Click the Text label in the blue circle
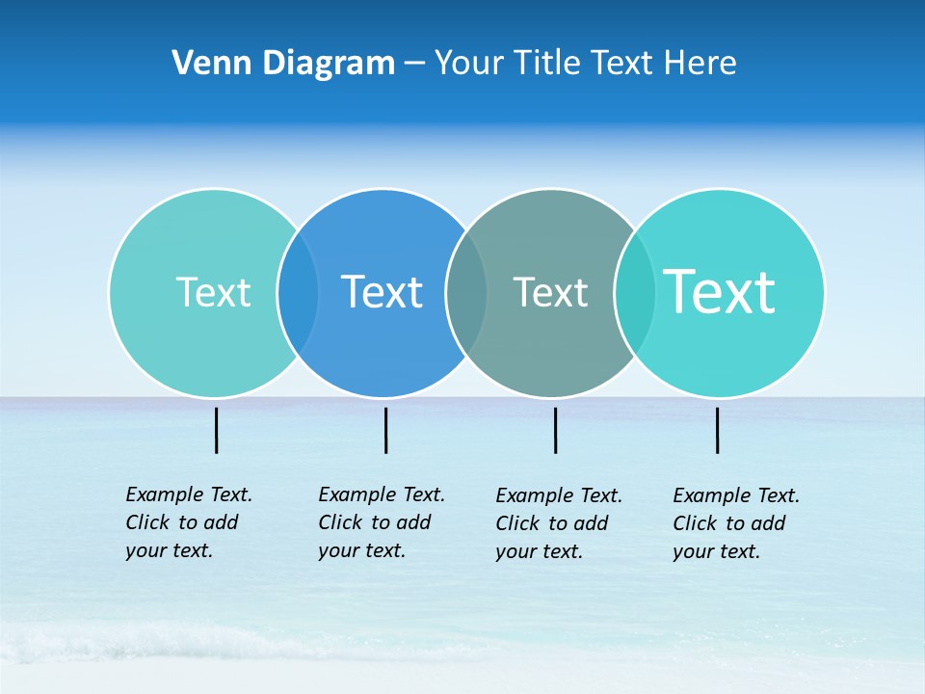[x=382, y=292]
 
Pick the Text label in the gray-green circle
[x=550, y=292]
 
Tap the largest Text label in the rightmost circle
[x=720, y=292]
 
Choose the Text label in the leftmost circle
[x=213, y=292]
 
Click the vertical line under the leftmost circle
[x=216, y=430]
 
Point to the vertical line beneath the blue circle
[x=385, y=430]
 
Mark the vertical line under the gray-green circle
[x=555, y=430]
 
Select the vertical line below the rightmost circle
[x=717, y=430]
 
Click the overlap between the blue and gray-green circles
[x=466, y=292]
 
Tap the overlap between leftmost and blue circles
[x=298, y=292]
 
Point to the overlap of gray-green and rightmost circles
[x=634, y=292]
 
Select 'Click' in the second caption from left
[x=339, y=522]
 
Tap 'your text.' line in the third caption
[x=539, y=552]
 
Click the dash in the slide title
[x=414, y=64]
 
